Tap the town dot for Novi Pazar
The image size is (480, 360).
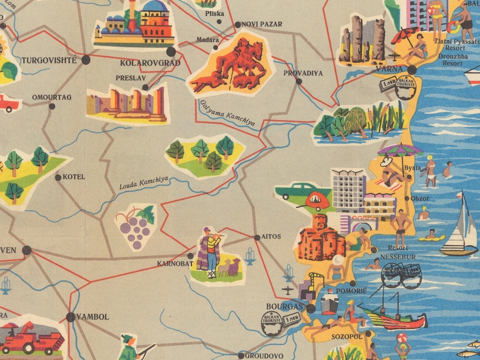coord(237,25)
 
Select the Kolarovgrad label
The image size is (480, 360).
coord(150,62)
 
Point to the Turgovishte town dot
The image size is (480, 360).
coord(86,59)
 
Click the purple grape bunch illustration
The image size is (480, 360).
coord(135,228)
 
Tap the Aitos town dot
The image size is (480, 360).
coord(257,237)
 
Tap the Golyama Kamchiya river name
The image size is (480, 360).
coord(227,112)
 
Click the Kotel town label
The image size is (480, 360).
coord(74,177)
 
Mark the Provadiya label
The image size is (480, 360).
coord(303,73)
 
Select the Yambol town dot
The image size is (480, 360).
coord(71,317)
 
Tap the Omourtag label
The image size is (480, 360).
coord(51,97)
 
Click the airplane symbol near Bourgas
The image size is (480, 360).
coord(289,274)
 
